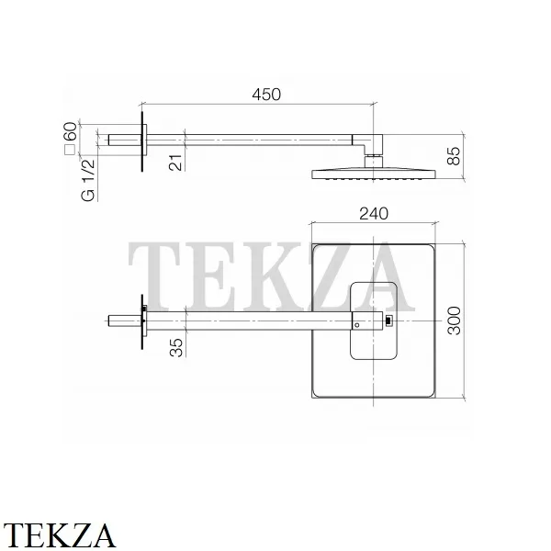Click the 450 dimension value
click(266, 95)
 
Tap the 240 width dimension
click(374, 214)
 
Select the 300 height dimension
click(455, 320)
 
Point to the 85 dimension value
click(454, 156)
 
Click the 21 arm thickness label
click(176, 163)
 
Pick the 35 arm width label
click(176, 347)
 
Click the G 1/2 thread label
click(88, 180)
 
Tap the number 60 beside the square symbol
click(71, 131)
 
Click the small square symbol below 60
click(71, 150)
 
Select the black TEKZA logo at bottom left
click(59, 534)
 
